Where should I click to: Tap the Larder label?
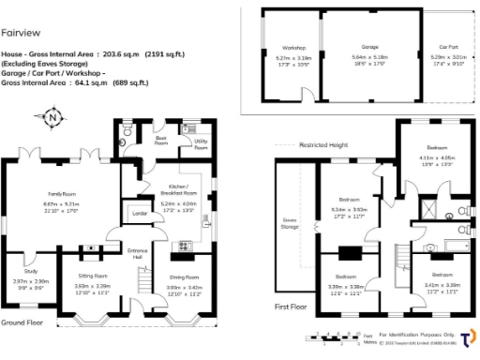pyautogui.click(x=142, y=214)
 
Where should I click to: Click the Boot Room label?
pyautogui.click(x=160, y=142)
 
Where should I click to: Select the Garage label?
pyautogui.click(x=369, y=46)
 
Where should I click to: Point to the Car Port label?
pyautogui.click(x=447, y=46)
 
